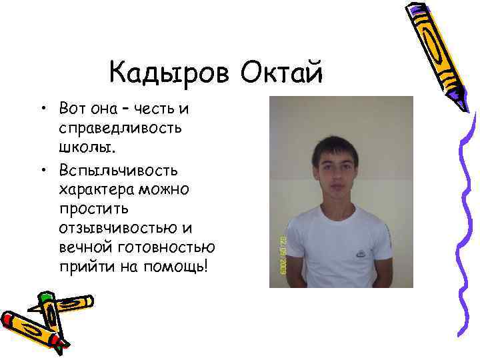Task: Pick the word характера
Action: [97, 189]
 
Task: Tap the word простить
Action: [91, 207]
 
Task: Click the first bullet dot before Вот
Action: [43, 109]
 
